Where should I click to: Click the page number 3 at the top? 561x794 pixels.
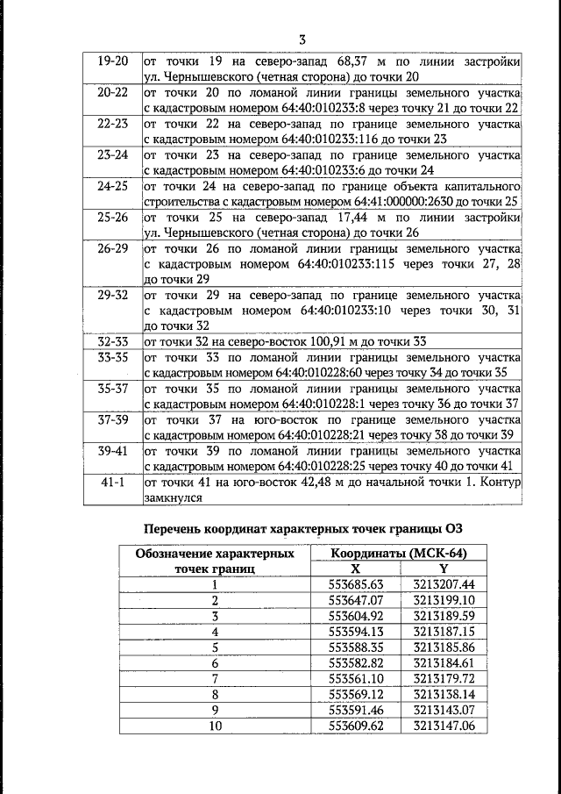pos(302,39)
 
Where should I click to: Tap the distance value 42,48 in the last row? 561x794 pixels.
pos(321,483)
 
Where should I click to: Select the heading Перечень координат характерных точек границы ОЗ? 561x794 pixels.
pos(302,528)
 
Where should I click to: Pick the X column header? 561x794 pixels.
pos(355,569)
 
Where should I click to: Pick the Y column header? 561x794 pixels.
pos(443,569)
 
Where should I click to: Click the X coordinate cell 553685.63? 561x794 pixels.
pos(356,584)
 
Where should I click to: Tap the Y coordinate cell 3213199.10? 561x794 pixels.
pos(444,600)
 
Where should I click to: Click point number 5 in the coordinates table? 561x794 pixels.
pos(214,647)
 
